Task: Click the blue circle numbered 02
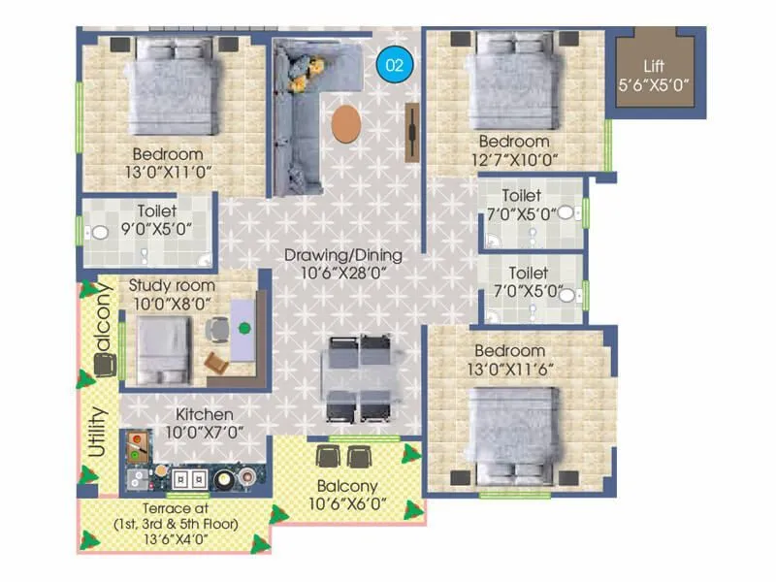point(394,65)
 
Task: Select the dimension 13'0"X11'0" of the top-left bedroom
point(168,172)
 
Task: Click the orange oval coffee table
point(345,125)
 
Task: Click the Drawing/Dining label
point(342,256)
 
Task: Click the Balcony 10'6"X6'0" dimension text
point(345,502)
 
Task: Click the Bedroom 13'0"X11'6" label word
point(509,350)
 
